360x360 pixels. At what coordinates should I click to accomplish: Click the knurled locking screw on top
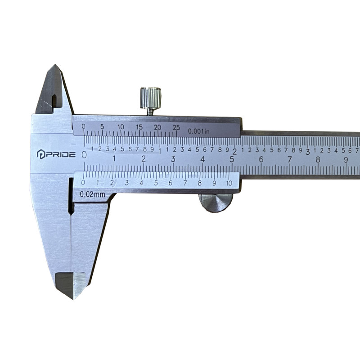(x=150, y=98)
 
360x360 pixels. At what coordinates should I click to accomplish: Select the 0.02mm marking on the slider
(x=92, y=194)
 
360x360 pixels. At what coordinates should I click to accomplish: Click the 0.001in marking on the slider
(x=199, y=131)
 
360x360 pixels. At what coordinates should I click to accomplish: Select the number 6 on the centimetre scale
(x=261, y=159)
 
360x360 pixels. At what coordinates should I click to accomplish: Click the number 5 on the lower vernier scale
(x=156, y=183)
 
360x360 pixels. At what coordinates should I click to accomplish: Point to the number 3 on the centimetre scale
(x=173, y=159)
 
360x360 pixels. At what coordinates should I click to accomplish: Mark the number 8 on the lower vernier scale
(x=199, y=183)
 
